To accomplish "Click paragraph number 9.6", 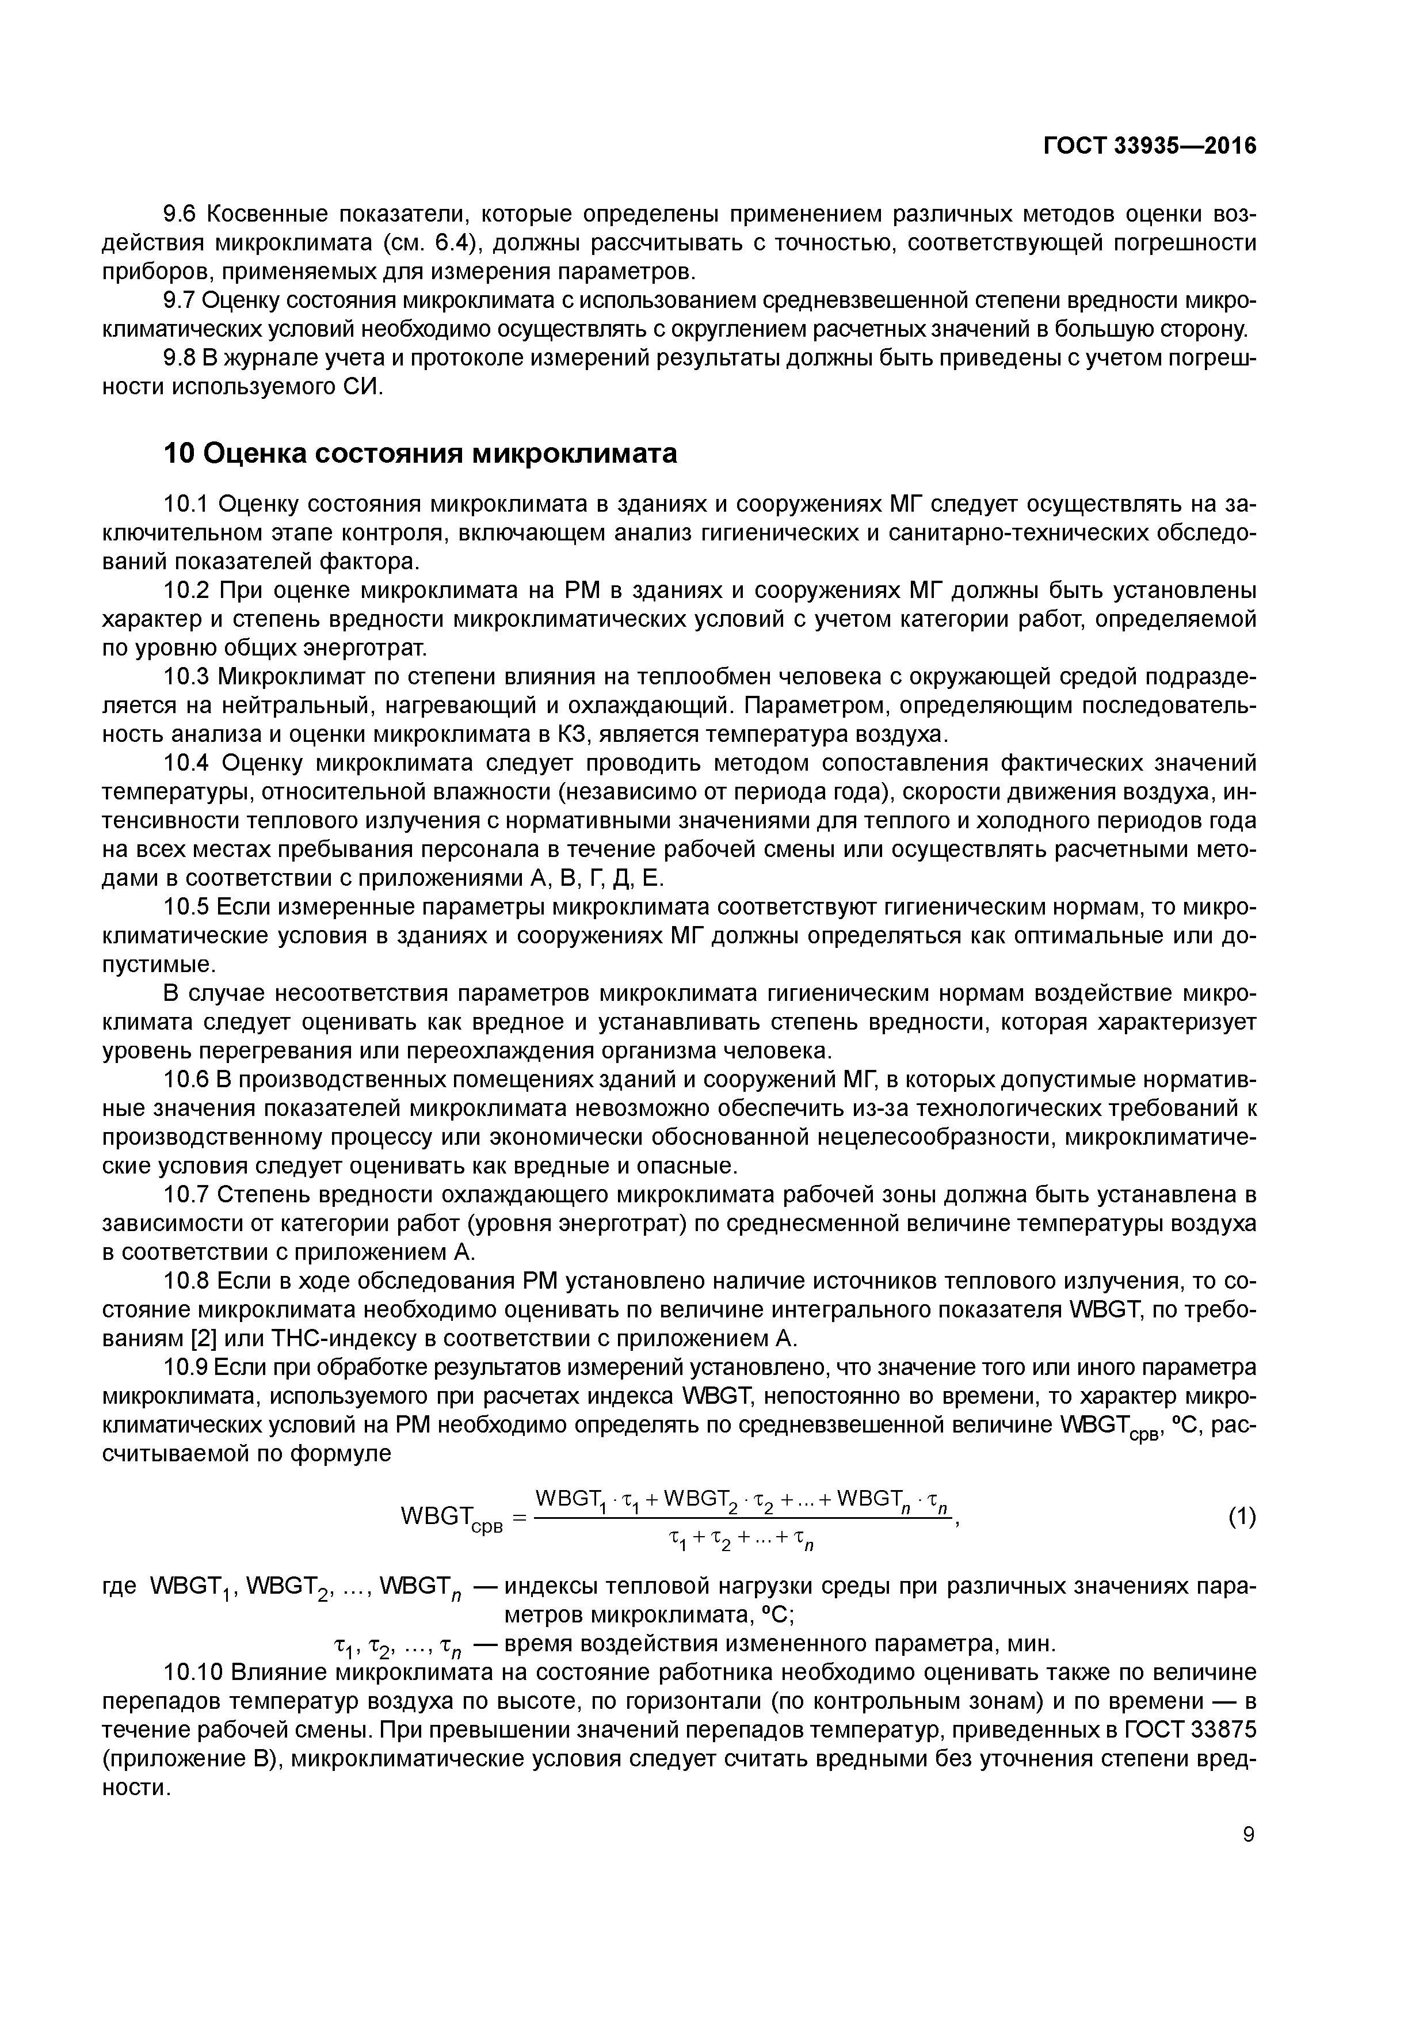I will click(184, 214).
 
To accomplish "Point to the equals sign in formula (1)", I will click(518, 1517).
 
